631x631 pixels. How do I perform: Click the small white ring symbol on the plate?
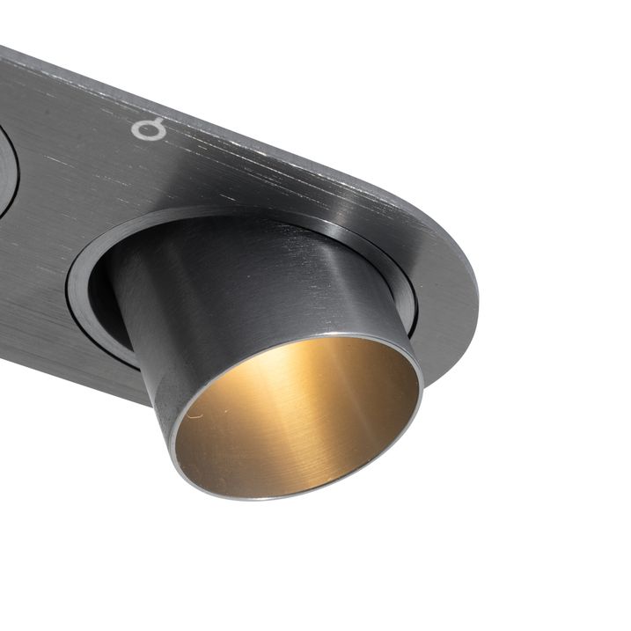[149, 128]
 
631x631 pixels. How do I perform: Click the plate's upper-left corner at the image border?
[3, 51]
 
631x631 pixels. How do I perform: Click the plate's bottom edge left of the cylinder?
[70, 365]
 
